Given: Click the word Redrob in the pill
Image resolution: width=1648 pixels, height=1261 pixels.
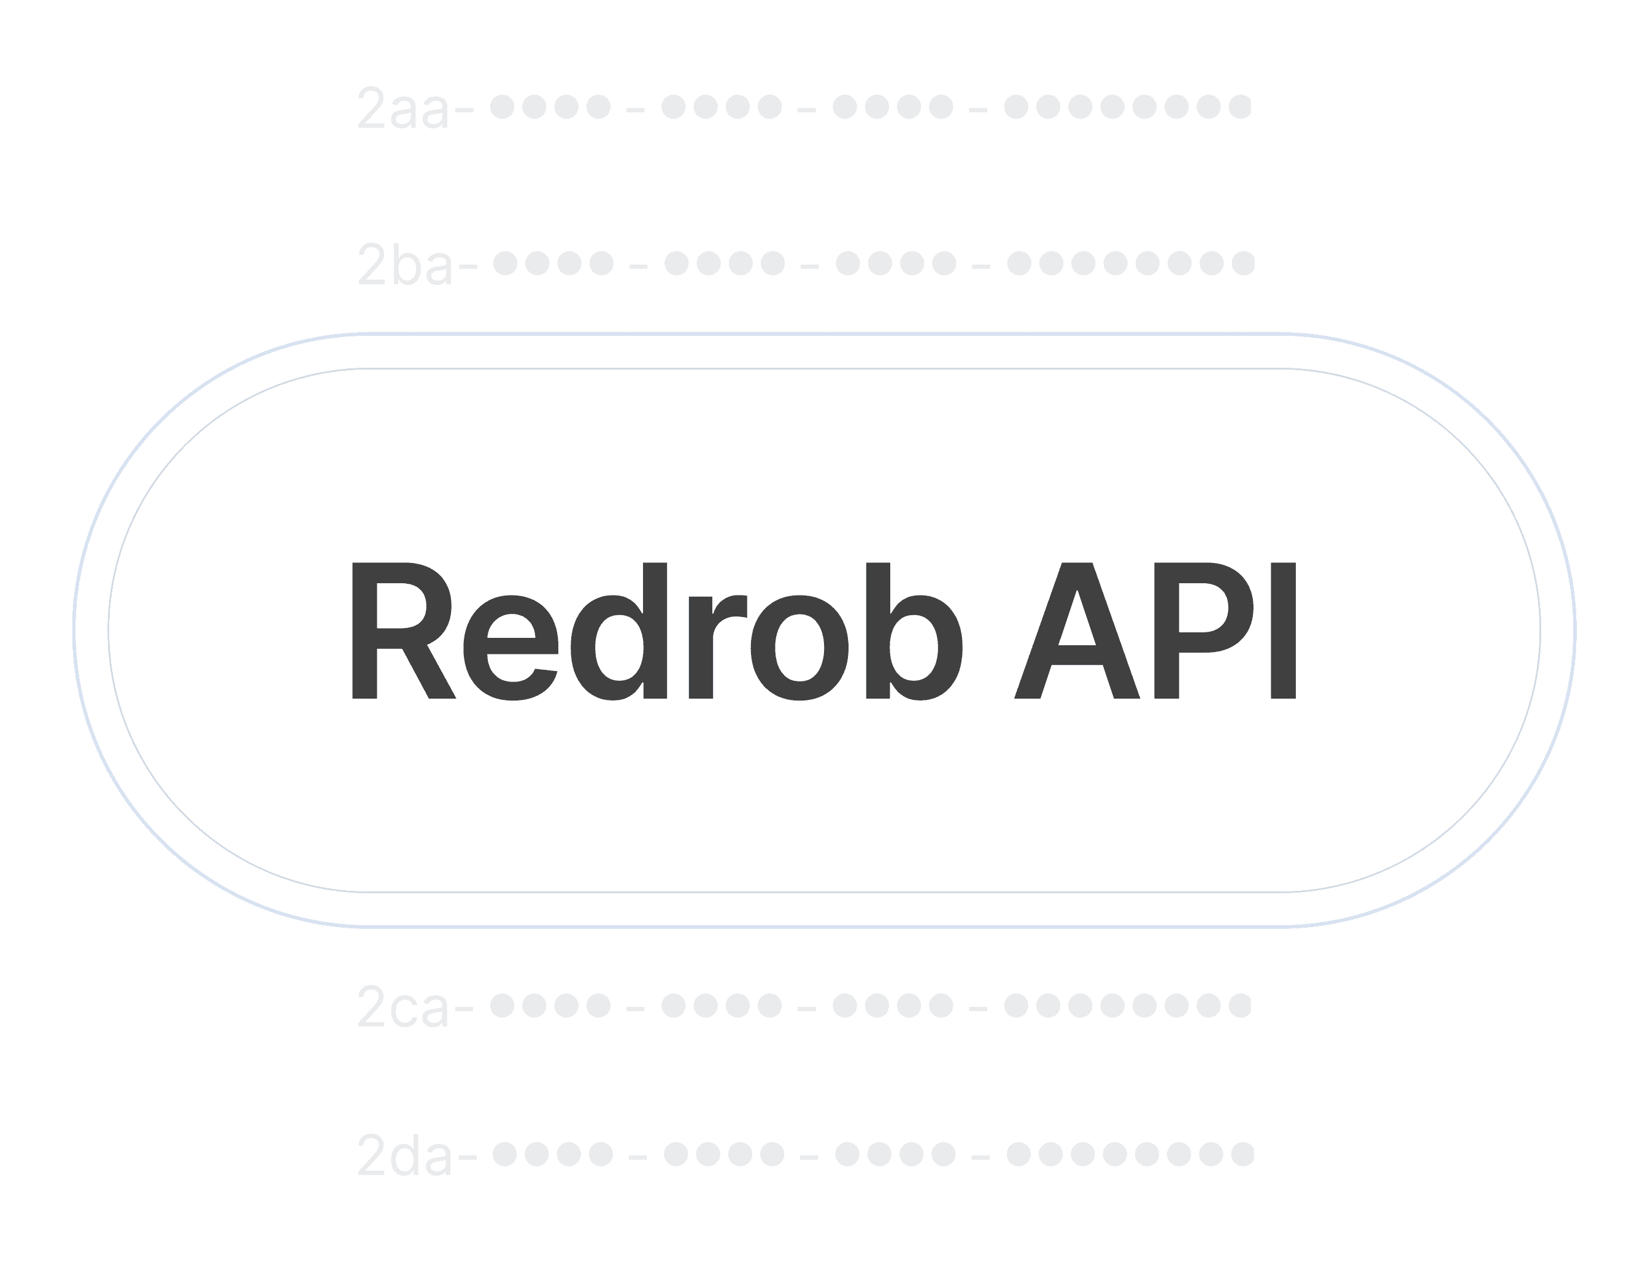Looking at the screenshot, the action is [x=657, y=631].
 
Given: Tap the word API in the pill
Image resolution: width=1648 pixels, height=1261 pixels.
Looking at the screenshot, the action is [x=1155, y=631].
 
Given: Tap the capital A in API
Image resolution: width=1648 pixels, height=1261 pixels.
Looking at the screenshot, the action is [x=1077, y=631].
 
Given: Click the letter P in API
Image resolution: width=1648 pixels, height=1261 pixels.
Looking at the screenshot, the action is [x=1193, y=631].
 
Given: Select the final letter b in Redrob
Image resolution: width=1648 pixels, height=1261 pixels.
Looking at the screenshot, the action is [x=914, y=631].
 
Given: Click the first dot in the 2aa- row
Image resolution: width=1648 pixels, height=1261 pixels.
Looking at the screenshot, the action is [x=502, y=107].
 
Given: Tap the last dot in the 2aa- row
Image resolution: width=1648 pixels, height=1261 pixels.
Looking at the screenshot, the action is [x=1240, y=107].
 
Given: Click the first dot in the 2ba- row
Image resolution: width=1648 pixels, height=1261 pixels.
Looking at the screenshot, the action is [x=505, y=263].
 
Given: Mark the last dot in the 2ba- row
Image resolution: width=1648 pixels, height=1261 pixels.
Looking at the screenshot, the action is [x=1243, y=263].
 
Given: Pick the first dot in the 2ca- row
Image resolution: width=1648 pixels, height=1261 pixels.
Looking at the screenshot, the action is [x=502, y=1004].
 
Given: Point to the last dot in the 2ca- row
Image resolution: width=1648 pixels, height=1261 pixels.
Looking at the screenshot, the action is [x=1240, y=1004].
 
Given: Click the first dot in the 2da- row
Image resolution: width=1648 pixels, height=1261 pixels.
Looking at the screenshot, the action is [x=505, y=1153].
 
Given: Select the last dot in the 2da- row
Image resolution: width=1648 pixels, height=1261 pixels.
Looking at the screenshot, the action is [x=1243, y=1153].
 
